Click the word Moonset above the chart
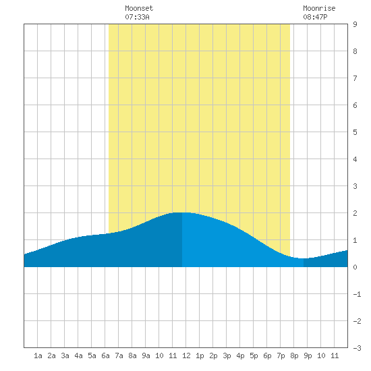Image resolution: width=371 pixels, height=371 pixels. (139, 8)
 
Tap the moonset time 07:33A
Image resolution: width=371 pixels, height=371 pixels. (137, 17)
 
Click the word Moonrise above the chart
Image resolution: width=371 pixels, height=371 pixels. (319, 8)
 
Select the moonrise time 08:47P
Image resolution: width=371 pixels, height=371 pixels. (315, 17)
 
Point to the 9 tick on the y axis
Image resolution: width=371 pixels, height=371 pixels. (355, 24)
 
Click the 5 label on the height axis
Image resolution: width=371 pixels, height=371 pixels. (355, 132)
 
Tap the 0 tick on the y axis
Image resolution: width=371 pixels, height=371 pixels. (355, 267)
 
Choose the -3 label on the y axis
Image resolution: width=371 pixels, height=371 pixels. (357, 348)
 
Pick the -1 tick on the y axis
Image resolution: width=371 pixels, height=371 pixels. (357, 294)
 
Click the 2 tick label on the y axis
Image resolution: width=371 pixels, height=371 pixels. (355, 213)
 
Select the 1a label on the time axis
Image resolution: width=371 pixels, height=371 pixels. (38, 355)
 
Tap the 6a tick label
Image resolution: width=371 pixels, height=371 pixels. (105, 355)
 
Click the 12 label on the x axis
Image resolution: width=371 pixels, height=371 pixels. (186, 355)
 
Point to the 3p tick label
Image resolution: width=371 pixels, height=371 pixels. (227, 355)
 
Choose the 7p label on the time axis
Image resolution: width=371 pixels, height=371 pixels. (281, 355)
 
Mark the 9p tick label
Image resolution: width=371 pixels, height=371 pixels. (308, 355)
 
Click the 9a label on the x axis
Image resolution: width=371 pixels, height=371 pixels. (146, 355)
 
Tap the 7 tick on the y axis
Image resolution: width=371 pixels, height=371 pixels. (355, 78)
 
